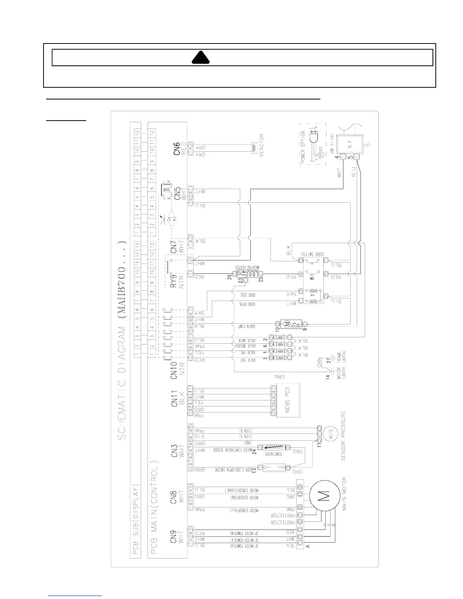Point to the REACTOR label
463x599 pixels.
click(x=261, y=144)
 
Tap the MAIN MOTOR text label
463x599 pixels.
click(x=345, y=499)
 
